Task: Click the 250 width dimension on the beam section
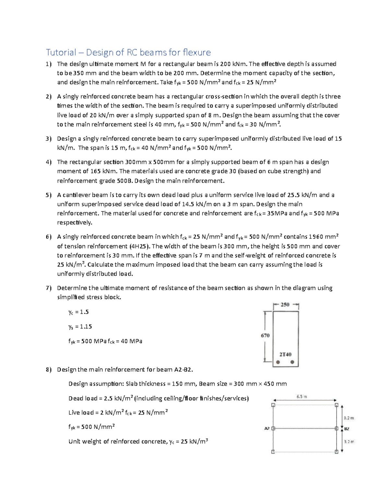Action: point(285,305)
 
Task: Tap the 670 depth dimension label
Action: point(265,336)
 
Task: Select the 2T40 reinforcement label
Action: point(285,354)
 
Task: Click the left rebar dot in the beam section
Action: point(278,362)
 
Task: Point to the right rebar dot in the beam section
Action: point(292,362)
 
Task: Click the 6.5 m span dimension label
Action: point(301,397)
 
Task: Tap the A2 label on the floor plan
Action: point(267,428)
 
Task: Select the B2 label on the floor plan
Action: point(347,429)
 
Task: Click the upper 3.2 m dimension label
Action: point(349,418)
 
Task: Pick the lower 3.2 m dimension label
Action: point(349,442)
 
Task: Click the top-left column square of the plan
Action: point(273,405)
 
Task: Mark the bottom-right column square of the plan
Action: point(336,452)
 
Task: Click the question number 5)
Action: point(49,195)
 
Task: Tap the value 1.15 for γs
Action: point(86,326)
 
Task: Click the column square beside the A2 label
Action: point(273,428)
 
